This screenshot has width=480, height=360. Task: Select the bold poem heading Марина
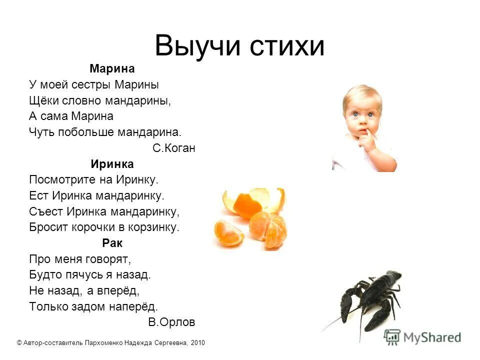[112, 68]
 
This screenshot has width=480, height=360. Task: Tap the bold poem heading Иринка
[112, 163]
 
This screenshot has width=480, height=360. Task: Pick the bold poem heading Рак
[112, 243]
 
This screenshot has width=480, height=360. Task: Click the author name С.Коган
[173, 148]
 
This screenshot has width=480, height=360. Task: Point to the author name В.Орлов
[171, 322]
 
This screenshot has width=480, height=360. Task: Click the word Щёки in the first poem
[44, 100]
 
